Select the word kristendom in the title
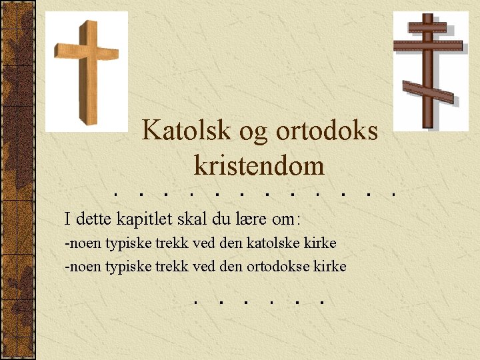pyautogui.click(x=259, y=165)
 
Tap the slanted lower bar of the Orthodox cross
pyautogui.click(x=428, y=92)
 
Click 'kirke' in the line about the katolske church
pyautogui.click(x=321, y=243)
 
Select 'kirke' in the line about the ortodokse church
pyautogui.click(x=331, y=267)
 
